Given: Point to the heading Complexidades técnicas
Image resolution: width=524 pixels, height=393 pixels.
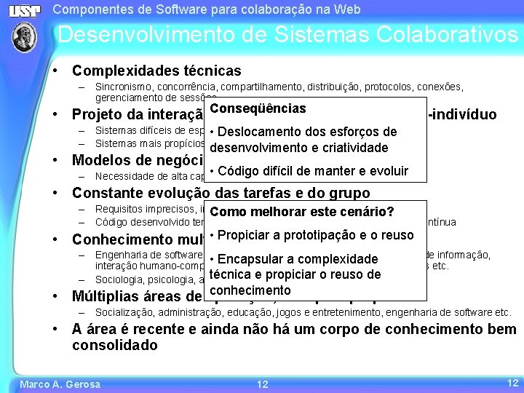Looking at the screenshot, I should tap(156, 71).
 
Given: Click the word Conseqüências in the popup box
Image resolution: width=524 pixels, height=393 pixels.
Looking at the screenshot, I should tap(257, 108).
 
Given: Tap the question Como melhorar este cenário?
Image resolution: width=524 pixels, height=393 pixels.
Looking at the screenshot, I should tap(301, 212).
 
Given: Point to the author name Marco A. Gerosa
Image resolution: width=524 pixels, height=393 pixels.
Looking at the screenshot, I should tap(60, 384).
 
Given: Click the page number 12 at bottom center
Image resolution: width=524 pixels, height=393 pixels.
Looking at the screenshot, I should tap(263, 384).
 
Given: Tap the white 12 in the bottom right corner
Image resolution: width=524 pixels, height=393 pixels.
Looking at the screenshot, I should tap(511, 382).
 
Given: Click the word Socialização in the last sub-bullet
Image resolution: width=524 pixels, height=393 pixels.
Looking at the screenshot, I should tap(124, 312).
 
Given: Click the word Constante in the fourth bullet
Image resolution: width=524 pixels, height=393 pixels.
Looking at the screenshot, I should tap(104, 193).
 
